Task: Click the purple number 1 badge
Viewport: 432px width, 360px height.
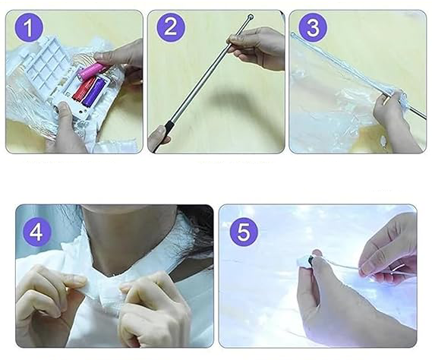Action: tap(28, 28)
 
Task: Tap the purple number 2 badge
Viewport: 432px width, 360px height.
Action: tap(171, 27)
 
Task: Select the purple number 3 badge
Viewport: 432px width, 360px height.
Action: tap(313, 28)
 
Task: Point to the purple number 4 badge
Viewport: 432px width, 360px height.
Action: tap(36, 232)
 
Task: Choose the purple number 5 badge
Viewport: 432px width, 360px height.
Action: tap(244, 232)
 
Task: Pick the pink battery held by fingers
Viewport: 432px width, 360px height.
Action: tap(90, 71)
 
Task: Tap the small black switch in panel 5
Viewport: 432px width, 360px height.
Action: tap(311, 259)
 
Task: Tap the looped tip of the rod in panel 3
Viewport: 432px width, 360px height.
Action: tap(294, 34)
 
